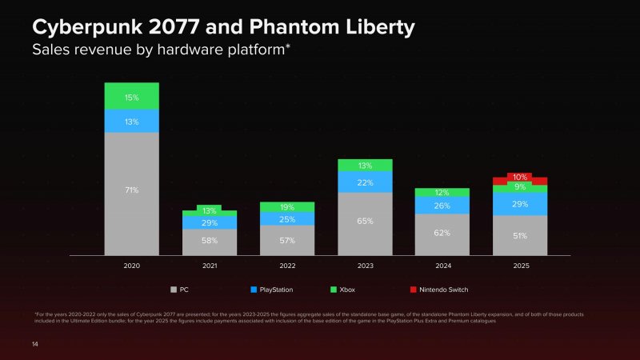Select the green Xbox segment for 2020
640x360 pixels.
click(131, 96)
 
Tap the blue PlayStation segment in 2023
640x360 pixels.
click(365, 182)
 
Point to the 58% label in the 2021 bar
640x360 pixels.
click(210, 241)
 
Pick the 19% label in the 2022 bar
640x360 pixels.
click(287, 207)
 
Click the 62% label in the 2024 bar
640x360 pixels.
click(442, 234)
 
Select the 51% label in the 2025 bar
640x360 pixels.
click(520, 235)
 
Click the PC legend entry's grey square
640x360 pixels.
click(173, 289)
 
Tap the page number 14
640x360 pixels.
click(35, 344)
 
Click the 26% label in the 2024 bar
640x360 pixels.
click(442, 206)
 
